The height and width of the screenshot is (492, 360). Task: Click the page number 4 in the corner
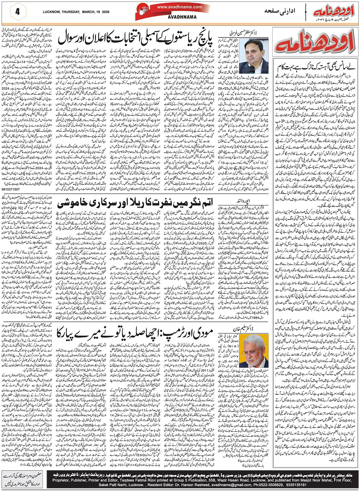pyautogui.click(x=17, y=12)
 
